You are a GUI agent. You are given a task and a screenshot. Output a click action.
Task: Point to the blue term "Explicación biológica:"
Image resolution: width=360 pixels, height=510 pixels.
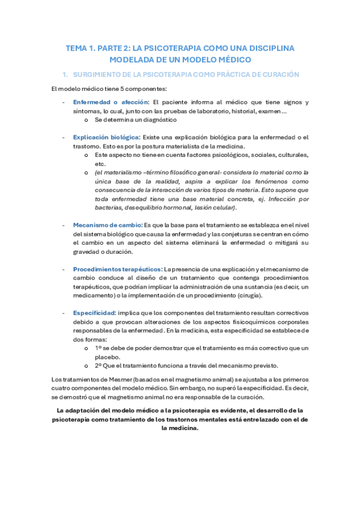(x=107, y=138)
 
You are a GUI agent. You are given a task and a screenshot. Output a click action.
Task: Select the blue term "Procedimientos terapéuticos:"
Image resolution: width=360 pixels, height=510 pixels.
(x=117, y=269)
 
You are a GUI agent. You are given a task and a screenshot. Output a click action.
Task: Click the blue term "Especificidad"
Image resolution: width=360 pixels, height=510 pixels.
(x=94, y=313)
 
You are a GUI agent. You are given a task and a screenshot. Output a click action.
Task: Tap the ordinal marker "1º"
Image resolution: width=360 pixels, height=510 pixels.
(x=98, y=348)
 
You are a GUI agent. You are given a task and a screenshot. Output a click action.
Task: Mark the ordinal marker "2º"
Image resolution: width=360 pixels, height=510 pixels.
(x=98, y=366)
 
